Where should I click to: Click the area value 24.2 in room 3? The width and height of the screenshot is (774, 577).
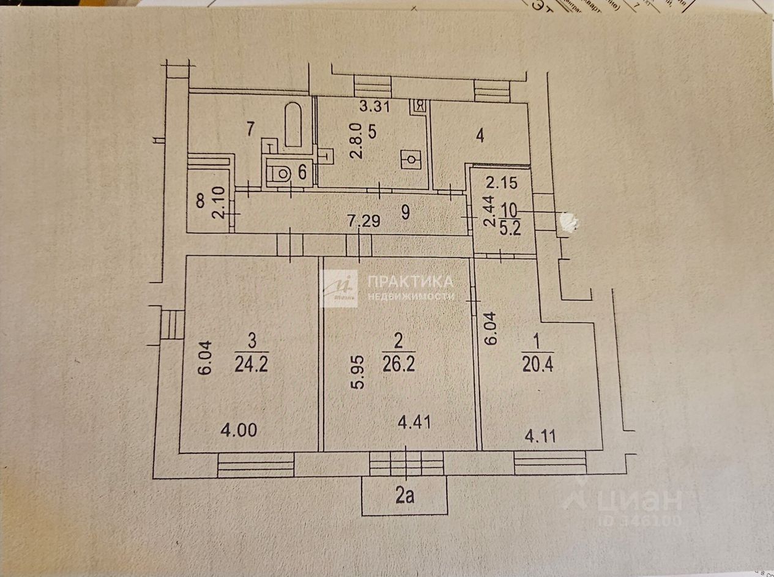(251, 366)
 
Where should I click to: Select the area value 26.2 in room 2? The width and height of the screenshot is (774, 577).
(398, 365)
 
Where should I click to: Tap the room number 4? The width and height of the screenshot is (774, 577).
(480, 135)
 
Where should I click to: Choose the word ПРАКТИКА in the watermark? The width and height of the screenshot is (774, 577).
(411, 281)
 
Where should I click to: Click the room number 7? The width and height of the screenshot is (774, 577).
(250, 129)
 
